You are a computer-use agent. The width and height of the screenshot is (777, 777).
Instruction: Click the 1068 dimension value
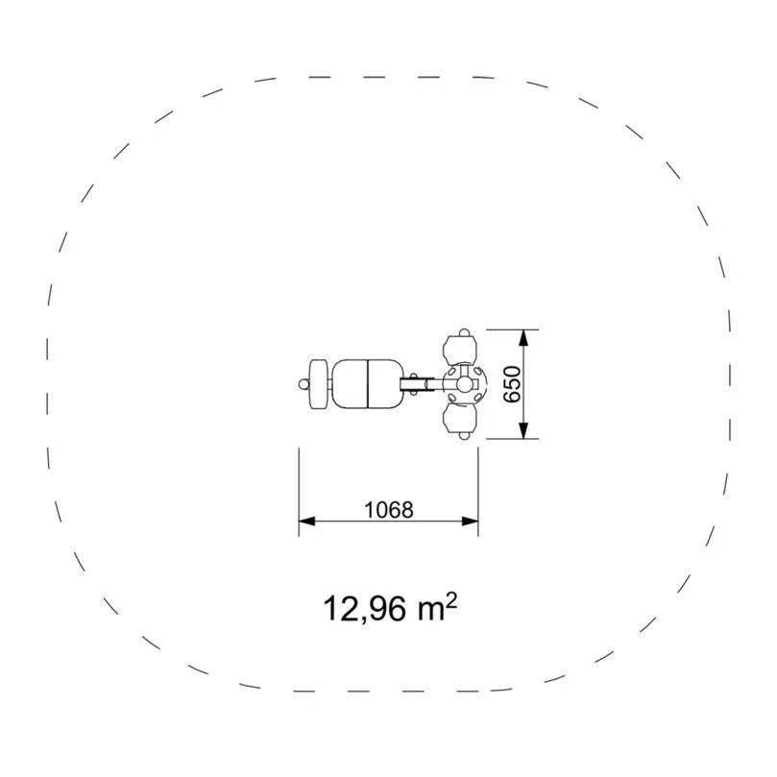(388, 509)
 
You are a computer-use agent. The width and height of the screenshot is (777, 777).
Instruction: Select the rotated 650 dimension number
(512, 384)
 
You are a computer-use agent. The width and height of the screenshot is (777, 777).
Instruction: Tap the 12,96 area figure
(364, 609)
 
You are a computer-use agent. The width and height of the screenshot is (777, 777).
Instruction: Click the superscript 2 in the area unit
(451, 601)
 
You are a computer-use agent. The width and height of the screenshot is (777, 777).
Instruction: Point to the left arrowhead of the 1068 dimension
(306, 521)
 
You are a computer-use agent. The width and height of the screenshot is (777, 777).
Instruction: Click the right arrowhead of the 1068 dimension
(470, 521)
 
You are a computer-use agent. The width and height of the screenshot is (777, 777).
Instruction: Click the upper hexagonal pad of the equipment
(460, 350)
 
